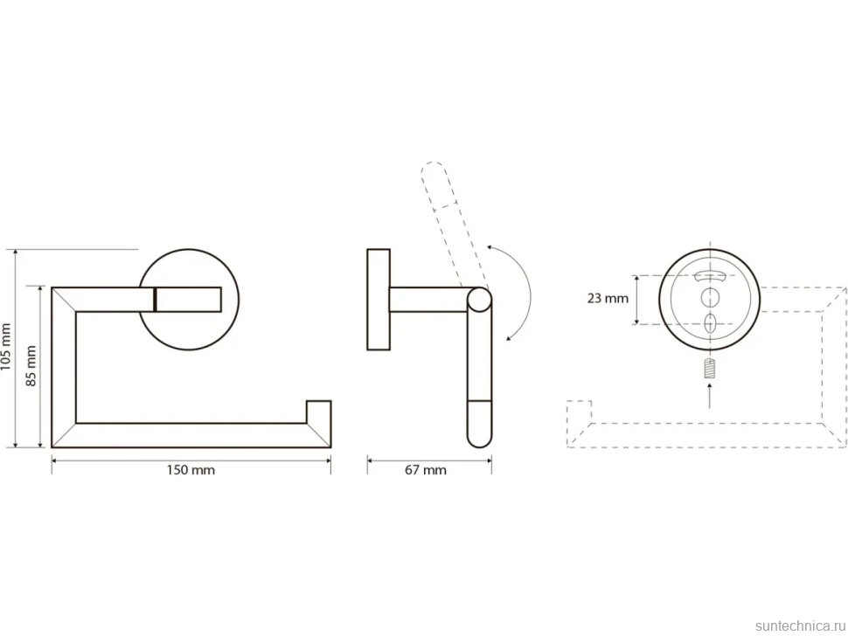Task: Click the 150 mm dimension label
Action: [191, 470]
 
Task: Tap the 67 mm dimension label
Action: [426, 470]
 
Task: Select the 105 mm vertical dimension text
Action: [6, 346]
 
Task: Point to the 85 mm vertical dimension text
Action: [31, 366]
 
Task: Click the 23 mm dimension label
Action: [608, 298]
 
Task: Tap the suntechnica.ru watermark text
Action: [800, 626]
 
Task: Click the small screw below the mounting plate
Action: [710, 369]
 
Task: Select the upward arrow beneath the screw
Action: [710, 395]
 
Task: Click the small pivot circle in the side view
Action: [479, 300]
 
